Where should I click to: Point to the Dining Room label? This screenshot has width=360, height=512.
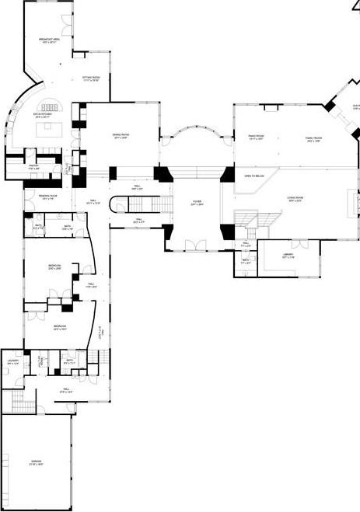click(121, 136)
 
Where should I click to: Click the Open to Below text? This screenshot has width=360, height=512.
click(253, 176)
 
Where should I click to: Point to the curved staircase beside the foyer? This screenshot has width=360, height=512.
click(120, 206)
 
